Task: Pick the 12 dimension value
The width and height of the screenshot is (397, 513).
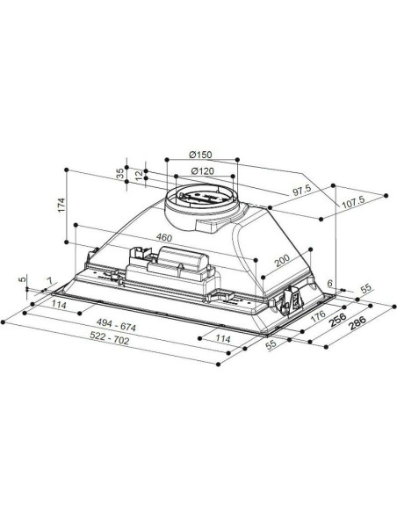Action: pyautogui.click(x=139, y=177)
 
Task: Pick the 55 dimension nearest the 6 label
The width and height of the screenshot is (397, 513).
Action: pyautogui.click(x=365, y=288)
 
